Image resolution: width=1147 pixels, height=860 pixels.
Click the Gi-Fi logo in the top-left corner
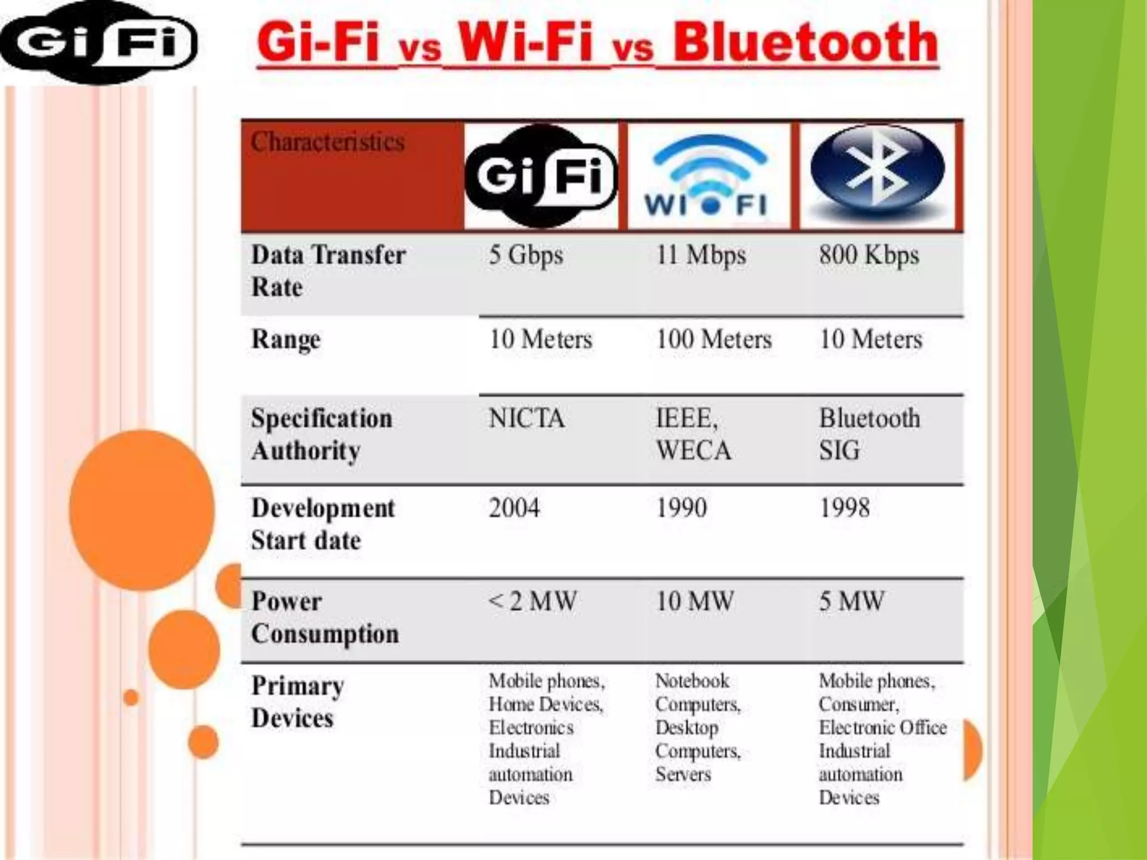[98, 44]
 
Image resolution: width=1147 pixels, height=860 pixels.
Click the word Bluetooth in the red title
[805, 43]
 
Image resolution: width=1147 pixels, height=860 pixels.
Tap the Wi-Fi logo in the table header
[708, 176]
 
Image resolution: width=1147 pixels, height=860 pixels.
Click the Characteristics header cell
[328, 142]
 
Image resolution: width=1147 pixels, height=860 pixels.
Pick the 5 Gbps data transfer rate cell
[525, 255]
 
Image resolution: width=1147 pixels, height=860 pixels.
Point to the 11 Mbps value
[701, 255]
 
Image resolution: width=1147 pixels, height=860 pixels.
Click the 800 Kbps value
[869, 255]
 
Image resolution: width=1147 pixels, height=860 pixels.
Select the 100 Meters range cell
[714, 339]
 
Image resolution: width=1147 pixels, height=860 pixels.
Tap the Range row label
[286, 339]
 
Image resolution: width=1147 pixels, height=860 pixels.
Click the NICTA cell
[526, 419]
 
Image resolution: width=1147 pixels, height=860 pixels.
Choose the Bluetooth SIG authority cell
[869, 434]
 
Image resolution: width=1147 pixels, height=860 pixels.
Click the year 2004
[514, 508]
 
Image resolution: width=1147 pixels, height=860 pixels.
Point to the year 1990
[681, 508]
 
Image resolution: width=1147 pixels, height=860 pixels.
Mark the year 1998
[844, 508]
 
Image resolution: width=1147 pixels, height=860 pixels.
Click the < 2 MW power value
[532, 602]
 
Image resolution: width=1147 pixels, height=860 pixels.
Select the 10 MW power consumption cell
[694, 602]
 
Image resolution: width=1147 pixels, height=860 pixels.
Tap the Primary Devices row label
[297, 702]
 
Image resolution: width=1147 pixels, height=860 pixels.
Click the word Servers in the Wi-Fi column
[683, 774]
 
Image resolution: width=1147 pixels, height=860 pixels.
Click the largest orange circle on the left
[142, 510]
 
